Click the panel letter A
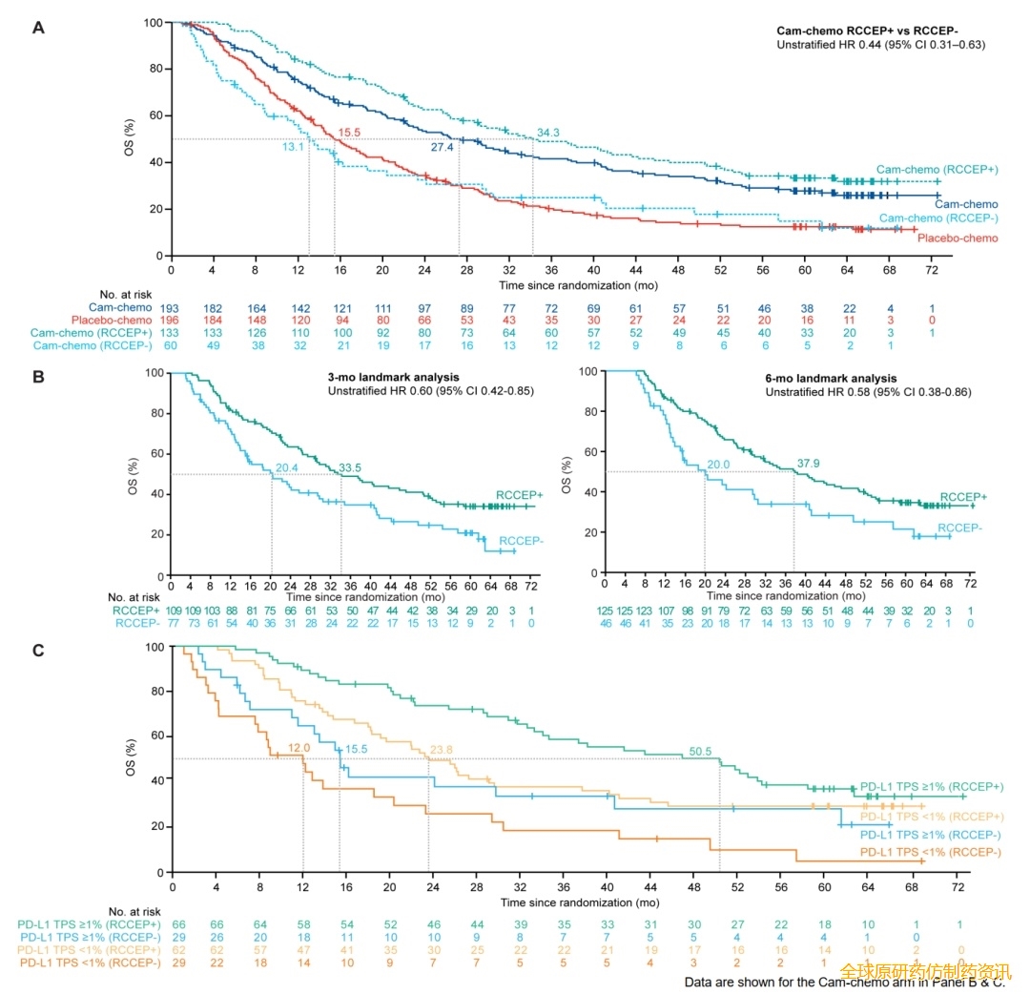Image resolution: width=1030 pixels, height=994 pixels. pos(38,28)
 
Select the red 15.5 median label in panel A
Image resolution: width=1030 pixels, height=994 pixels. pos(349,131)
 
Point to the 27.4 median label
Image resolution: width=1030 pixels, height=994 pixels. pos(442,148)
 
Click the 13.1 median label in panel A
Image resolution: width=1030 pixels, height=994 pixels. pos(292,148)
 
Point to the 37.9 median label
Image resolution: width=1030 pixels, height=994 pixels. pos(809,465)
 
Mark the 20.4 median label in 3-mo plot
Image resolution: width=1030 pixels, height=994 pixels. pos(287,467)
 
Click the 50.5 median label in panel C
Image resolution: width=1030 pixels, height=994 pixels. pos(700,752)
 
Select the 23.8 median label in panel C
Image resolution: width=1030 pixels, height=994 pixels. pos(443,749)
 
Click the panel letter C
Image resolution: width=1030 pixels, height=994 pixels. pos(38,652)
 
